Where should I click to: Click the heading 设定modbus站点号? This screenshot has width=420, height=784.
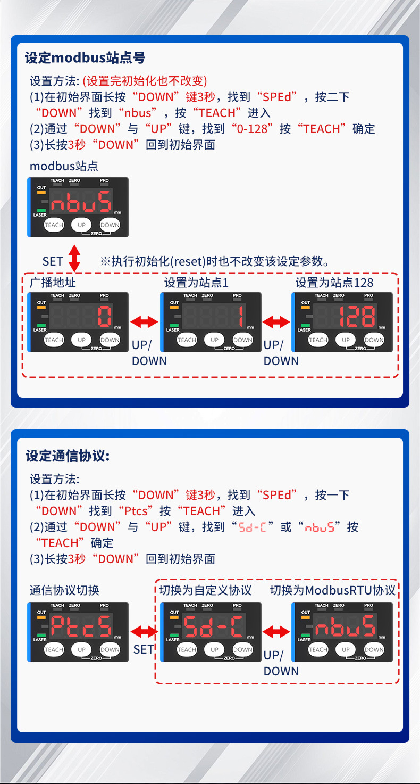tap(85, 57)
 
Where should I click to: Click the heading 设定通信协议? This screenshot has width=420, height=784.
tap(68, 456)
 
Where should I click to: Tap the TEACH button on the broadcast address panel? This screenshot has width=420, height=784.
tap(54, 340)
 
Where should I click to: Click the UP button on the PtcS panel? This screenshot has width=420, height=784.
tap(81, 649)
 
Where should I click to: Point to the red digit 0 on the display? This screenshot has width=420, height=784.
tap(104, 318)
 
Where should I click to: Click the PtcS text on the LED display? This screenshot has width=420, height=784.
tap(81, 627)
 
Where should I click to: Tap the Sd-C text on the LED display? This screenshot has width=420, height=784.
tap(214, 627)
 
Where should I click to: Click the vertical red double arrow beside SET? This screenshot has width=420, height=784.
tap(74, 258)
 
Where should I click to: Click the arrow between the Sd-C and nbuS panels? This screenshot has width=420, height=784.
tap(276, 631)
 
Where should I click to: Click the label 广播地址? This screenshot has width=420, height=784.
tap(53, 283)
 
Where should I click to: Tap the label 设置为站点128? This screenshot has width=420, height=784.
tap(334, 283)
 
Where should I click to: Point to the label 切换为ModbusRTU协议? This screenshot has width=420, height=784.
tap(332, 590)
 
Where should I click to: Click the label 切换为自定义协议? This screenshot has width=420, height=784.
tap(205, 590)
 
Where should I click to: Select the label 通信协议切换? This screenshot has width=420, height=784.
tap(64, 590)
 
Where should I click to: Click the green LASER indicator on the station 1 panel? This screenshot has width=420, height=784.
tap(174, 324)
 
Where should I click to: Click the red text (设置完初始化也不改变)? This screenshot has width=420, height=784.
tap(145, 81)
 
